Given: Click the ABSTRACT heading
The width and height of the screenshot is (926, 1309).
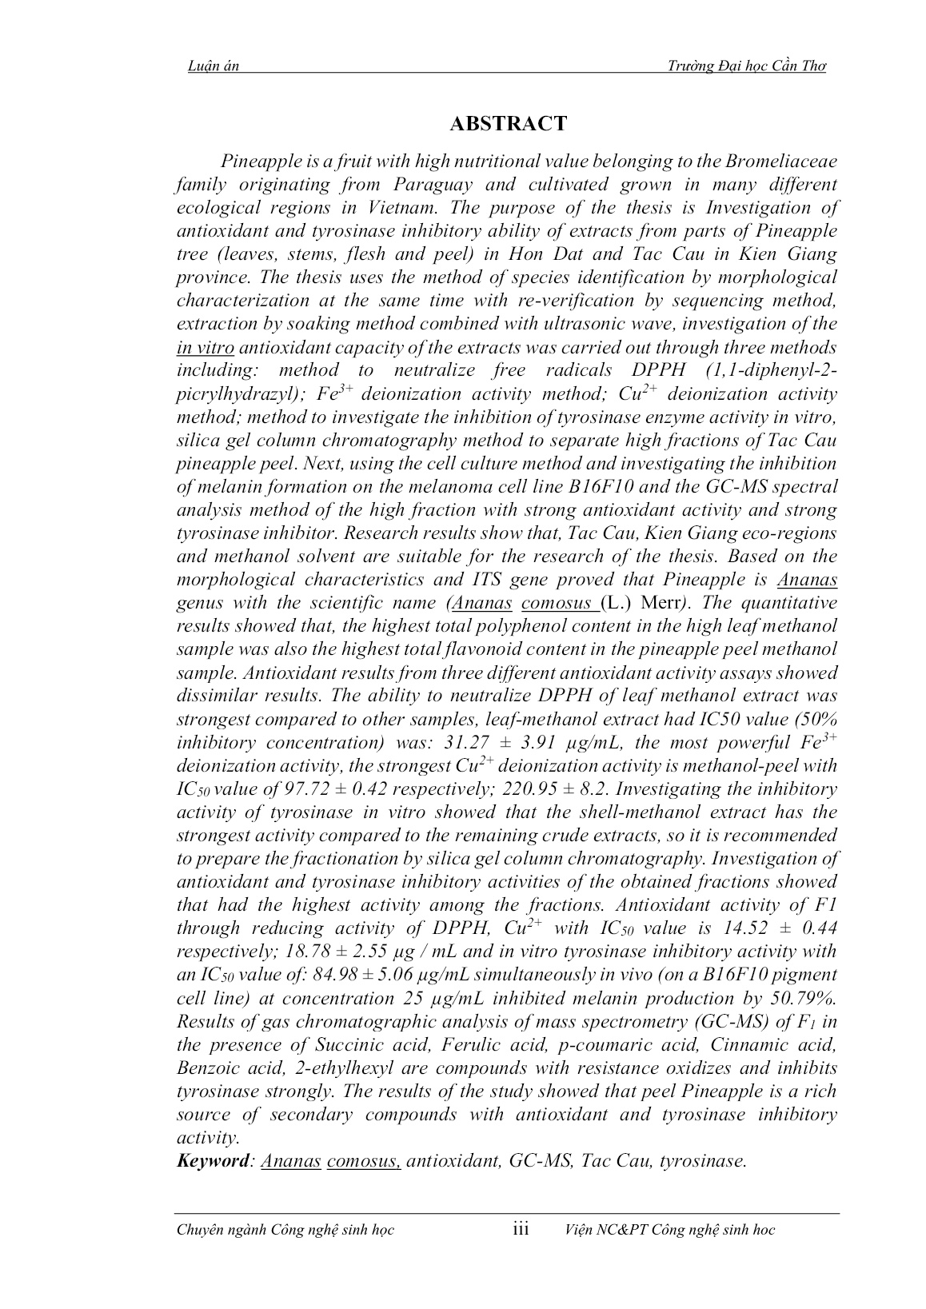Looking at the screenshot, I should click(x=508, y=124).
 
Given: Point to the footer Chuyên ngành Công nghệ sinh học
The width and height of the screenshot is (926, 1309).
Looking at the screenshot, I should click(x=285, y=1230).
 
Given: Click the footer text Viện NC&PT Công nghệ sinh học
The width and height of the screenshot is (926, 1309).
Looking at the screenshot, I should click(x=669, y=1230).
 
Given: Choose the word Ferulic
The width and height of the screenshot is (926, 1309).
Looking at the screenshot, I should click(x=433, y=1044).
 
